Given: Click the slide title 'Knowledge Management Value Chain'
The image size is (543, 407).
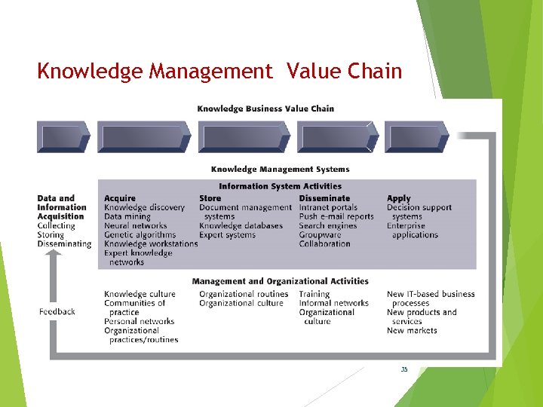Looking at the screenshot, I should (x=219, y=72).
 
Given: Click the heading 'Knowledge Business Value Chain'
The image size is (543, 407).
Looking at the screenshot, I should (x=265, y=109).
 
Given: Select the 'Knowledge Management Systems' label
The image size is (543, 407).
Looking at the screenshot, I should (x=280, y=170).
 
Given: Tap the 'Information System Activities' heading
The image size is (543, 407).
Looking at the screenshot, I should (x=280, y=186).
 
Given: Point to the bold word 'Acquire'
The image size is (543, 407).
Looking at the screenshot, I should (x=120, y=199).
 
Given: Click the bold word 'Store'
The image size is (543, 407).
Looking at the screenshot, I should (x=210, y=199).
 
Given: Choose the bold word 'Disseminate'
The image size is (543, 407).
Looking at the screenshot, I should (x=324, y=199).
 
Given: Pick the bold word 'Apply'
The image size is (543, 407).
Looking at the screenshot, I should (x=399, y=199).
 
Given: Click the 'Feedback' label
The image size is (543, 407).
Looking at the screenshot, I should (x=57, y=312).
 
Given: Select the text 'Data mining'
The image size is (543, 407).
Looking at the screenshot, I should (x=127, y=217).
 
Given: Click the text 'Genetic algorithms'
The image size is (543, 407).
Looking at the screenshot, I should (x=140, y=235).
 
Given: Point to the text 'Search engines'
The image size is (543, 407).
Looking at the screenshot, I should (x=328, y=226).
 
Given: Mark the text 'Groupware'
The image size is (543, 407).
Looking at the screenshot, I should (x=320, y=235).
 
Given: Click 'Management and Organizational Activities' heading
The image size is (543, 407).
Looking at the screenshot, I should (x=280, y=282).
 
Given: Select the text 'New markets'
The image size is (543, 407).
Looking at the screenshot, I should (x=412, y=330).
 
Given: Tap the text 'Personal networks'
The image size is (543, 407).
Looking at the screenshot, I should (x=139, y=321).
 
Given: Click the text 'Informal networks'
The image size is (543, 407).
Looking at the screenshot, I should (x=333, y=303).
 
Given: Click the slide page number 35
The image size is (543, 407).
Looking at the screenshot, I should (x=404, y=369).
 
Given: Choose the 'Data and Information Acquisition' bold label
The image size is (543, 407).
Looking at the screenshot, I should (x=61, y=207).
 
